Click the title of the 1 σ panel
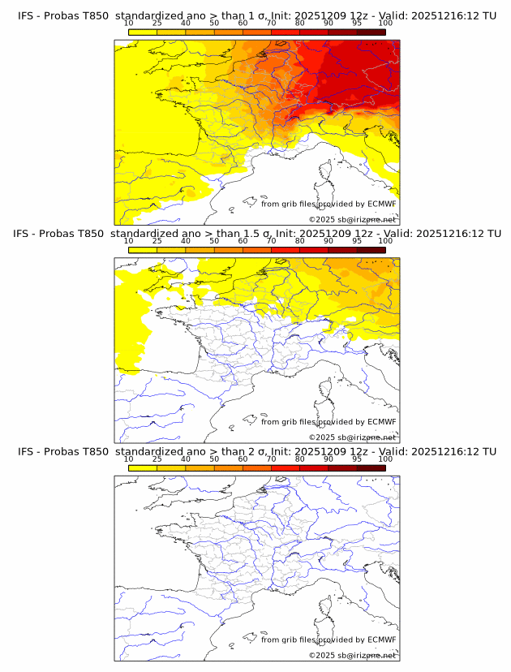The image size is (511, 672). (256, 15)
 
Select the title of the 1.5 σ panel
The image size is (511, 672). (256, 234)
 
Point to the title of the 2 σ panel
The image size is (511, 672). (256, 451)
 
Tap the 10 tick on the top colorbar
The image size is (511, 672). (129, 24)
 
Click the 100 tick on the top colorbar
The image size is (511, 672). (385, 24)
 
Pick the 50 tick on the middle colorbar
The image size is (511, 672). (214, 241)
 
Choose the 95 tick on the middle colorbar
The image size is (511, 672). (357, 241)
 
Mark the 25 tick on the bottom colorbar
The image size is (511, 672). (157, 459)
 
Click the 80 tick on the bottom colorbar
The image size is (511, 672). (300, 459)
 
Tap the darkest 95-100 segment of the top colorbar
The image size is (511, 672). (371, 32)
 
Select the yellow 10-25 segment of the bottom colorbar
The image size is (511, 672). (143, 468)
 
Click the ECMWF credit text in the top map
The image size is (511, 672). (328, 204)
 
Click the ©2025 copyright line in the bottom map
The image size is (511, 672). (353, 655)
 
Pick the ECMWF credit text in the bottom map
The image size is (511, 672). (328, 640)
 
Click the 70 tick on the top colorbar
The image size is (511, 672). (271, 24)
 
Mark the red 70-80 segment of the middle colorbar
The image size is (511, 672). (286, 250)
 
